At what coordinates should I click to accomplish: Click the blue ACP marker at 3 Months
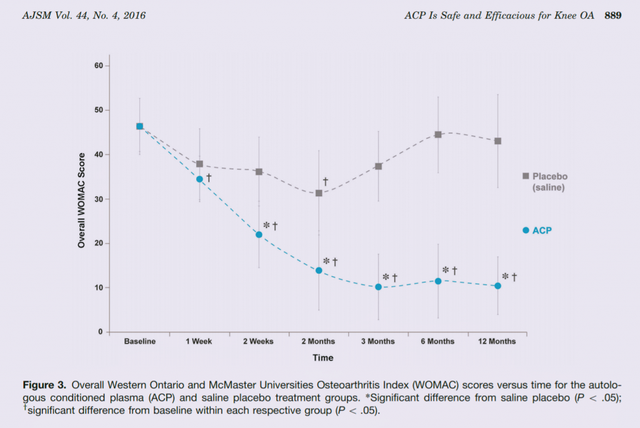click(378, 287)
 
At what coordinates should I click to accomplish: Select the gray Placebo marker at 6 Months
click(438, 134)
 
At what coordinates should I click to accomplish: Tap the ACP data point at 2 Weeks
click(259, 234)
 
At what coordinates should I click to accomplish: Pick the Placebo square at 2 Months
click(319, 193)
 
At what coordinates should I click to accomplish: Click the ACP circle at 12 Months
click(497, 286)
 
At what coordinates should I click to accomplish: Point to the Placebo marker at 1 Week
click(199, 164)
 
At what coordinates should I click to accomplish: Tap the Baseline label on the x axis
click(139, 341)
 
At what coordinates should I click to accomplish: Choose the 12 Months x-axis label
click(497, 341)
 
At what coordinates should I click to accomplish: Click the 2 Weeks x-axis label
click(259, 341)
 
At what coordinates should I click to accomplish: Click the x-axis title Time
click(323, 358)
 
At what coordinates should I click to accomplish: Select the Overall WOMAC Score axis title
click(81, 199)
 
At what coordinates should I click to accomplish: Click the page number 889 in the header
click(612, 15)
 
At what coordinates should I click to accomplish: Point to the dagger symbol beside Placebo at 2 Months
click(326, 182)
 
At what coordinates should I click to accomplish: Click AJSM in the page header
click(35, 15)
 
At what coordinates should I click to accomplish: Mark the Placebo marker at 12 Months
click(498, 141)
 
